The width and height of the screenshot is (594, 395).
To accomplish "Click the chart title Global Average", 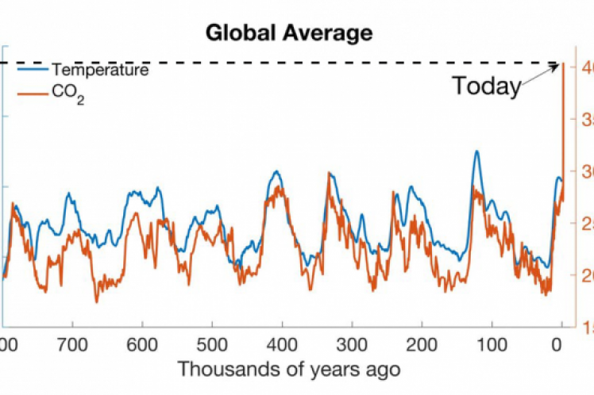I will (x=288, y=33).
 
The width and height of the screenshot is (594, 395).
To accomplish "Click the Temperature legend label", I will (x=100, y=70).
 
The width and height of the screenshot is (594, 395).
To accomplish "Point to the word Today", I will (x=486, y=86).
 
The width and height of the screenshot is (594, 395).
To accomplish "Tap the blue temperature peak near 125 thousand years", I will (x=476, y=151).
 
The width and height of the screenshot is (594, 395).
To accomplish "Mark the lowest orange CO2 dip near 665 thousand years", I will (x=97, y=301).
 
